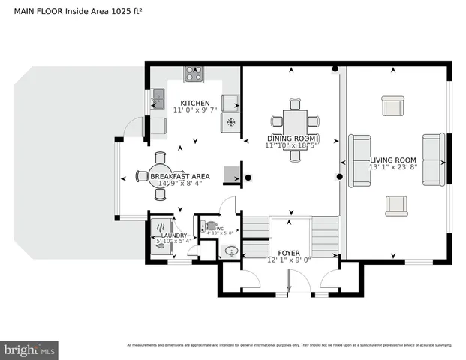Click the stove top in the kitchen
coord(194,73)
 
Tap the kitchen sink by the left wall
coord(158,95)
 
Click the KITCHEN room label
coord(194,103)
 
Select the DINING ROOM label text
coord(292,138)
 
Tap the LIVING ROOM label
coord(392,160)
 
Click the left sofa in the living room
coord(359,160)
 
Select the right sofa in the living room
coord(433,160)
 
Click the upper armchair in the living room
coord(393,106)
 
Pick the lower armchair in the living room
coord(396,205)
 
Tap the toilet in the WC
coord(210,225)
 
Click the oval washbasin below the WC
coord(232,251)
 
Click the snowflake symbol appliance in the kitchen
coord(231,122)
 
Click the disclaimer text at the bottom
coord(289,345)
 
